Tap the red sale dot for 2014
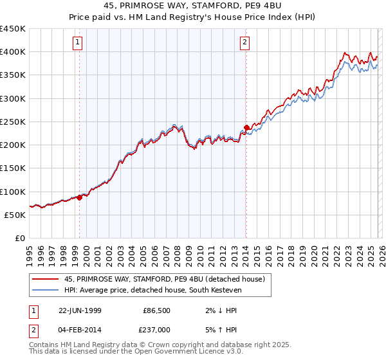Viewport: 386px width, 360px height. coord(246,127)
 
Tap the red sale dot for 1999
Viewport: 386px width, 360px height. coord(80,197)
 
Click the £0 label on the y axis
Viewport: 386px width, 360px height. coord(19,238)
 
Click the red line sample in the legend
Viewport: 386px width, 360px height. coord(45,279)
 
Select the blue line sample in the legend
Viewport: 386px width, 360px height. coord(45,290)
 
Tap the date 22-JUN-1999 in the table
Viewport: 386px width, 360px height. coord(80,310)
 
